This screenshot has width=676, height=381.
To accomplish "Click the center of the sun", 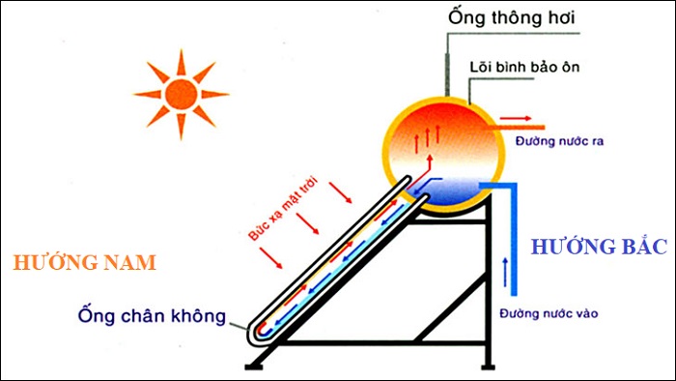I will click(x=180, y=94).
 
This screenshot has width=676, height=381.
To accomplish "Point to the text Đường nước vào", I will click(x=543, y=314).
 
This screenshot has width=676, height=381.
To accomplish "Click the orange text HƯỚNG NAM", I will click(x=86, y=263).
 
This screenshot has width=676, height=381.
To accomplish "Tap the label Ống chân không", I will click(x=154, y=315).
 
